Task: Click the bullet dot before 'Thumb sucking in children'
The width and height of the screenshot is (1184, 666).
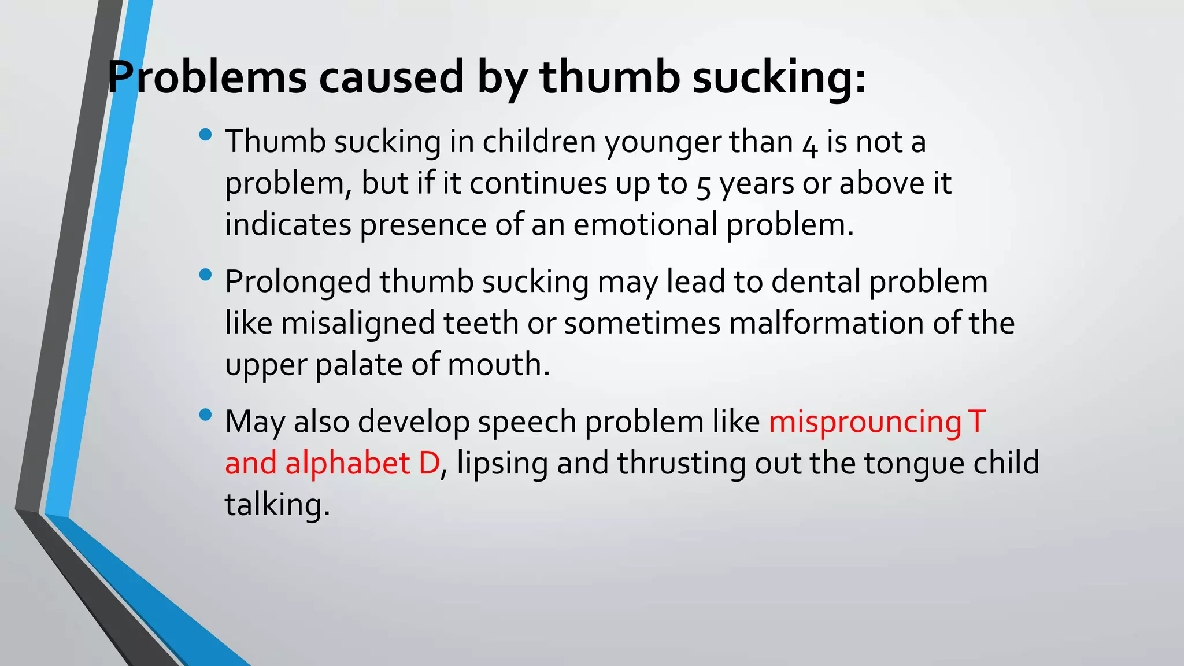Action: pos(205,135)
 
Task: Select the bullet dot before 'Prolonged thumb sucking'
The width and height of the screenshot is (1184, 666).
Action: pos(205,275)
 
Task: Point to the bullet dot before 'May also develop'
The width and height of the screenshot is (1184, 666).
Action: pos(205,415)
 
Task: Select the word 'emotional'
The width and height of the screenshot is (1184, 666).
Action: pos(645,224)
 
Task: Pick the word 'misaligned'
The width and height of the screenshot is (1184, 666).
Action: pos(358,323)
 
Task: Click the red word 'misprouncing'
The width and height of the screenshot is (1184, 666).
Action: pos(865,422)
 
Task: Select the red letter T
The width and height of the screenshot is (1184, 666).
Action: pos(976,421)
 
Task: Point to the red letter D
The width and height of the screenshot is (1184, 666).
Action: pos(429,463)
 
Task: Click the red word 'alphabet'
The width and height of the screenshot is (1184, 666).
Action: pos(347,463)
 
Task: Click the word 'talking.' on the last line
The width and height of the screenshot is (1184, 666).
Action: pos(277,505)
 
